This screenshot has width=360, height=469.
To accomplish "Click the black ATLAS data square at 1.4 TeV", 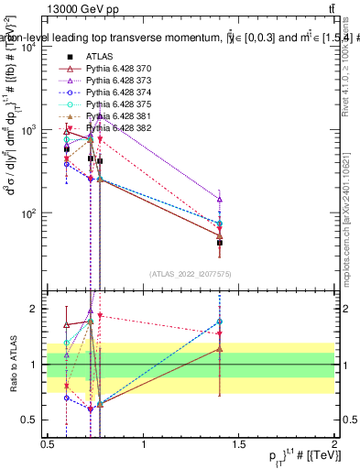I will tap(220, 243).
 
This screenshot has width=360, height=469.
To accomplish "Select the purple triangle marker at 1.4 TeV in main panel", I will tap(220, 199).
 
